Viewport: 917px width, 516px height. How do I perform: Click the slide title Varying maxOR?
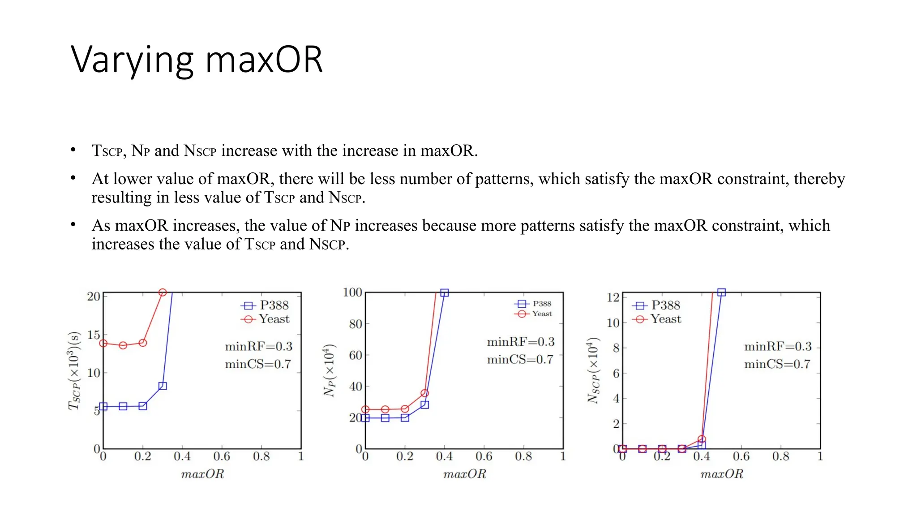coord(197,60)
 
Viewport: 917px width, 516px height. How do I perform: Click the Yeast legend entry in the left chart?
coord(274,319)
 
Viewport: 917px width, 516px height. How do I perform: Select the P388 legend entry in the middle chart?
coord(541,304)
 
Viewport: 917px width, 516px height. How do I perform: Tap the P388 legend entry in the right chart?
coord(665,305)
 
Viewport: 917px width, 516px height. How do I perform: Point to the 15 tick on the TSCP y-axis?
coord(94,335)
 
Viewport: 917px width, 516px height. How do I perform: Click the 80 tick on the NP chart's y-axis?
coord(355,324)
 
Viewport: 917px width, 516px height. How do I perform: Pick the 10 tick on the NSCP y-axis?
coord(613,322)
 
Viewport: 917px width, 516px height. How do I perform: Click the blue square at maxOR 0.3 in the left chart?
coord(163,386)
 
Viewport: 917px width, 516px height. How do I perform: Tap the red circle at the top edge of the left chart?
coord(163,292)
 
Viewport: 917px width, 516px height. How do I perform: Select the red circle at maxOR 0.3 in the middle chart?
coord(424,393)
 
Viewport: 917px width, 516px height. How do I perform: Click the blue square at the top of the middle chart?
coord(444,292)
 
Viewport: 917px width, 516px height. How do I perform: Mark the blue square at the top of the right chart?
coord(721,292)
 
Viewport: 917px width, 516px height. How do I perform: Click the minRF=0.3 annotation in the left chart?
coord(258,346)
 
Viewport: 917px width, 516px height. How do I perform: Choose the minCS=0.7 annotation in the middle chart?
coord(520,360)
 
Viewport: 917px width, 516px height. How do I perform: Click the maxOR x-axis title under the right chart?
coord(721,474)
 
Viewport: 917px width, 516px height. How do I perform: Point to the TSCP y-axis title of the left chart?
coord(74,371)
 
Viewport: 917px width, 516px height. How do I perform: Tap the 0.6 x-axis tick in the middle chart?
coord(484,456)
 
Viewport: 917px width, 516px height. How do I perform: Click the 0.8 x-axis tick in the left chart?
coord(261,456)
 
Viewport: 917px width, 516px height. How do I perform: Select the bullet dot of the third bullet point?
coord(73,224)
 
